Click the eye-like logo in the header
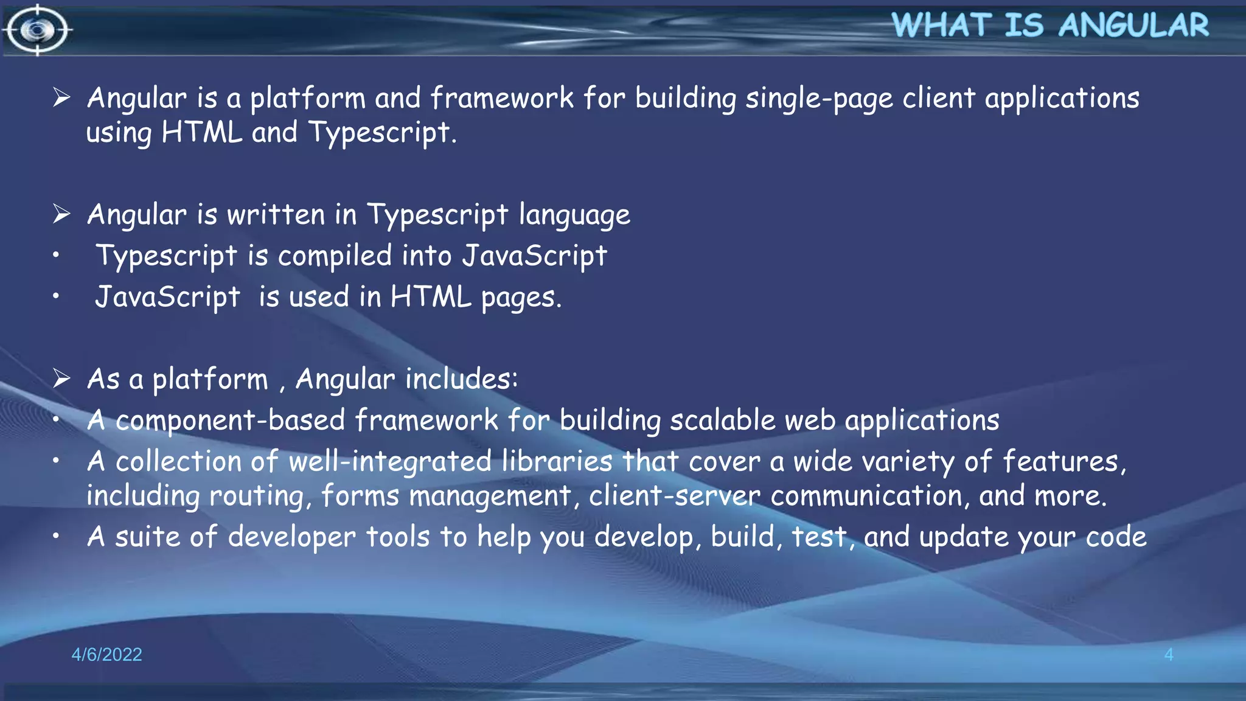pyautogui.click(x=37, y=29)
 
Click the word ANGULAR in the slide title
pyautogui.click(x=1133, y=26)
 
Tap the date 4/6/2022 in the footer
pyautogui.click(x=106, y=654)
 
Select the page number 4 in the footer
pyautogui.click(x=1168, y=654)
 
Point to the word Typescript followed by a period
pyautogui.click(x=381, y=133)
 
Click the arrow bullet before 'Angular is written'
pyautogui.click(x=61, y=214)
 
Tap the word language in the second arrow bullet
pyautogui.click(x=574, y=215)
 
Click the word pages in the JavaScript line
pyautogui.click(x=521, y=298)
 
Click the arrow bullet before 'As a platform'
pyautogui.click(x=61, y=378)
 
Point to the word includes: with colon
pyautogui.click(x=462, y=379)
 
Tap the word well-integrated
pyautogui.click(x=389, y=462)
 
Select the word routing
pyautogui.click(x=256, y=497)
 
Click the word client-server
pyautogui.click(x=675, y=496)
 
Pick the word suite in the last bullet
pyautogui.click(x=147, y=537)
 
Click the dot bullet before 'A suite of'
pyautogui.click(x=56, y=536)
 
